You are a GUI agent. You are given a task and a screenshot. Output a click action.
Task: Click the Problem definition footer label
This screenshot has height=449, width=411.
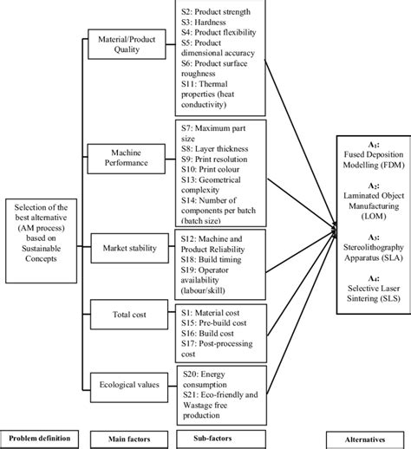[x=39, y=438]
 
